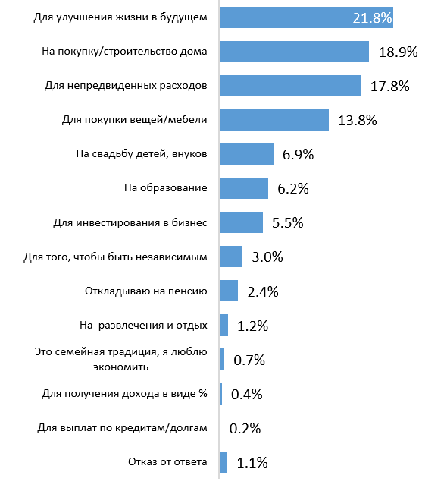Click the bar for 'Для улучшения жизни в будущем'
(x=306, y=17)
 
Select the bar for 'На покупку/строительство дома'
(x=294, y=52)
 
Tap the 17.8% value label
(x=389, y=87)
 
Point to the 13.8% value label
(x=358, y=121)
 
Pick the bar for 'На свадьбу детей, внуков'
(x=246, y=154)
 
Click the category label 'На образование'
(x=166, y=188)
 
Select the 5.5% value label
(x=288, y=223)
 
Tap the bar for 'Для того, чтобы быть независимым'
(x=231, y=257)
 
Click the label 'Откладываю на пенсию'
(x=146, y=291)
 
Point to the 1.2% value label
(x=252, y=326)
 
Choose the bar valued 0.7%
(x=222, y=360)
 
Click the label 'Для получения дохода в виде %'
(x=124, y=394)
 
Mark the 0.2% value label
(x=245, y=429)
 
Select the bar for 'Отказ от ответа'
(x=224, y=462)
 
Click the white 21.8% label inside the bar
(x=372, y=18)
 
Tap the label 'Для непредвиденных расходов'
(x=126, y=86)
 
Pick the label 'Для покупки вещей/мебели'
(x=135, y=120)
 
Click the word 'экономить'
(x=121, y=367)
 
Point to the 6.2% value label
(x=293, y=189)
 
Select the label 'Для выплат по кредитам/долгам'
(x=123, y=428)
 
